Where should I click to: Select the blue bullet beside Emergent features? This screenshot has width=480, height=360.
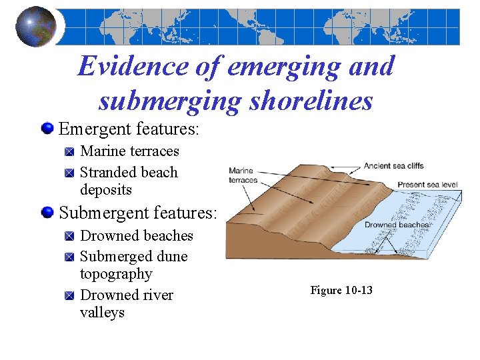click(47, 127)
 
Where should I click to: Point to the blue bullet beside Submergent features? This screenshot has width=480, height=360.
click(47, 213)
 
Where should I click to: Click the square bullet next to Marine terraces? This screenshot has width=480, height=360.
click(70, 152)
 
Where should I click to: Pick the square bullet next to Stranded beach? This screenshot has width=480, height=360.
click(70, 173)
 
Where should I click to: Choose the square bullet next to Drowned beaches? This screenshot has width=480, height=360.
click(70, 236)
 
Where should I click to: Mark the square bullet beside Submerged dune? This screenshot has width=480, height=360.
click(70, 257)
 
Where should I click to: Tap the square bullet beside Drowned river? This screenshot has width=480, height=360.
click(70, 295)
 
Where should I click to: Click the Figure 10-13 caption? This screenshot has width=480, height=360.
click(341, 290)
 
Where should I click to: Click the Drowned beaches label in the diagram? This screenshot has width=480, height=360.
click(396, 225)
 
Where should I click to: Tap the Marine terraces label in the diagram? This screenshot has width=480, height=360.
click(243, 175)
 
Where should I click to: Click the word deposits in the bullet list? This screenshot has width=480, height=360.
click(106, 190)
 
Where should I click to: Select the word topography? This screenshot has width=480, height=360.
click(116, 274)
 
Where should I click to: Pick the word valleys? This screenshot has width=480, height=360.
click(102, 313)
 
